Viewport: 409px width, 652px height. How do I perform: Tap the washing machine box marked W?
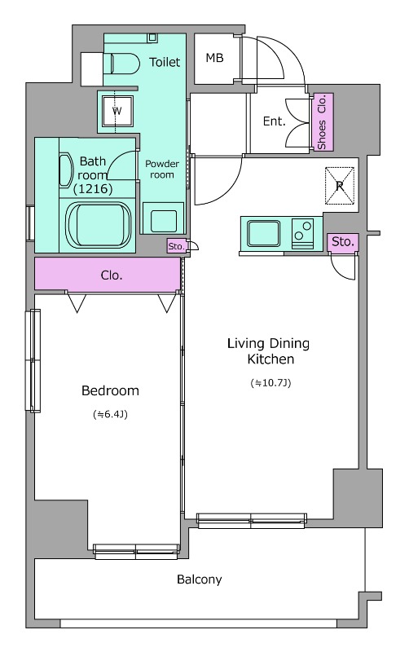(117, 111)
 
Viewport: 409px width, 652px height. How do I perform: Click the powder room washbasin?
(163, 218)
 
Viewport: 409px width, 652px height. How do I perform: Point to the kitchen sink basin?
(263, 233)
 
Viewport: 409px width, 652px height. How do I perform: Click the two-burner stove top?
(302, 233)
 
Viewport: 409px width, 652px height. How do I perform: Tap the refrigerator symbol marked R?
(340, 186)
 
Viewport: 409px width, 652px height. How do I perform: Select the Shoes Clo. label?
(323, 121)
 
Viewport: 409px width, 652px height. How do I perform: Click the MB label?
(214, 58)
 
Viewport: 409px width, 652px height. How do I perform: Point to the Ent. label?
(275, 121)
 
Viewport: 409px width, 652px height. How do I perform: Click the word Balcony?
(199, 579)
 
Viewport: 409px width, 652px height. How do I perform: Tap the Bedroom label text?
(110, 390)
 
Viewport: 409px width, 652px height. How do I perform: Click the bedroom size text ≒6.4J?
(110, 414)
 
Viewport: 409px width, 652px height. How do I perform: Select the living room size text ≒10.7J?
(270, 382)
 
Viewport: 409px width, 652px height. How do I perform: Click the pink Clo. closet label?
(112, 275)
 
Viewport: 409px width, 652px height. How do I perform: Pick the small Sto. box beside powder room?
(177, 246)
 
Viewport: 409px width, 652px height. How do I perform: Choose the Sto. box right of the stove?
(343, 241)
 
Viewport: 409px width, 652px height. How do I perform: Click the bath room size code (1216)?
(93, 189)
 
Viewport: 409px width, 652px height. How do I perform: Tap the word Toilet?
(165, 62)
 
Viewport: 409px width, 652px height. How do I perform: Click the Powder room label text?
(161, 170)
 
